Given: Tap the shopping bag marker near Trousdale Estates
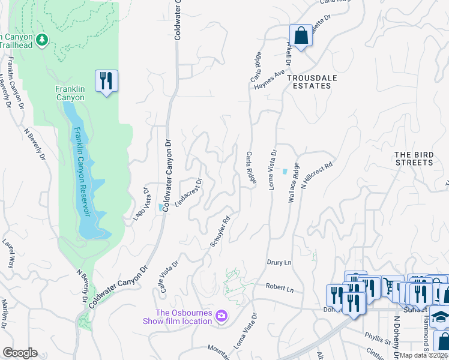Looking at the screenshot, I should coord(301,35).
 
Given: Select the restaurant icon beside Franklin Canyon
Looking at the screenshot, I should coord(106,80).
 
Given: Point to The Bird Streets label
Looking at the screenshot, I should coord(414,158).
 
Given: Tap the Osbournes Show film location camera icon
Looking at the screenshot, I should coord(221,316).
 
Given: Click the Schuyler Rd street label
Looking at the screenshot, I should coord(220,232).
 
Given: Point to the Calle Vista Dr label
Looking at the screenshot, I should coord(169,276).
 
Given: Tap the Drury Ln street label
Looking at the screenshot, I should coord(279,263).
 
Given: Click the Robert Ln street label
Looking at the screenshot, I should coord(280,289).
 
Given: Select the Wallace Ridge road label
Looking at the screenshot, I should coord(294,182).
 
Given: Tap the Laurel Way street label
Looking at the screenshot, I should coord(10,254).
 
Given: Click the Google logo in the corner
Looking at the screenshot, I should coord(20,353).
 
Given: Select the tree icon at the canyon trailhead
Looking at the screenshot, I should coord(41,40).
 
